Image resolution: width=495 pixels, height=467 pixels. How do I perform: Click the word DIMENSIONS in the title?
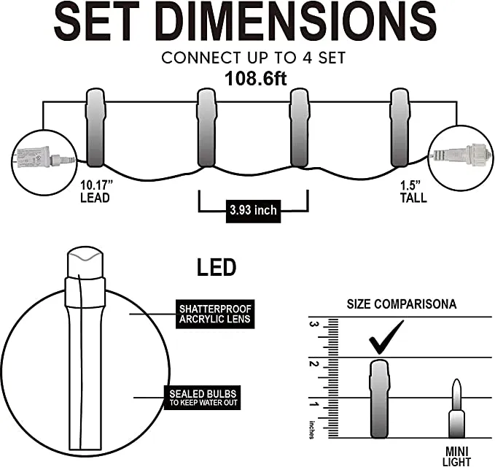point(296,20)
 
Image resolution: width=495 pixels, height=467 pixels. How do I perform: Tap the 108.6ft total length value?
point(256,78)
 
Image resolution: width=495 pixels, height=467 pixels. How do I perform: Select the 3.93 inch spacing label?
point(253,211)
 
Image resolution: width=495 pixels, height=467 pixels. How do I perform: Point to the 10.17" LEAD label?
point(96,191)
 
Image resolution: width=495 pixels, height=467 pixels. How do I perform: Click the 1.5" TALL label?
point(413,191)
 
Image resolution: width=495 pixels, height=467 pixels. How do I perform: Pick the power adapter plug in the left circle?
point(44,157)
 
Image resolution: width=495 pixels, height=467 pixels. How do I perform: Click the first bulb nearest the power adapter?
point(95,128)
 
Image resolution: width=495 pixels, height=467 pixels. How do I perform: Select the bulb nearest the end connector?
point(400,128)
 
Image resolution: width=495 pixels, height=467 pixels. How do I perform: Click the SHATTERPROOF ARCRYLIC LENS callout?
point(215,314)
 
